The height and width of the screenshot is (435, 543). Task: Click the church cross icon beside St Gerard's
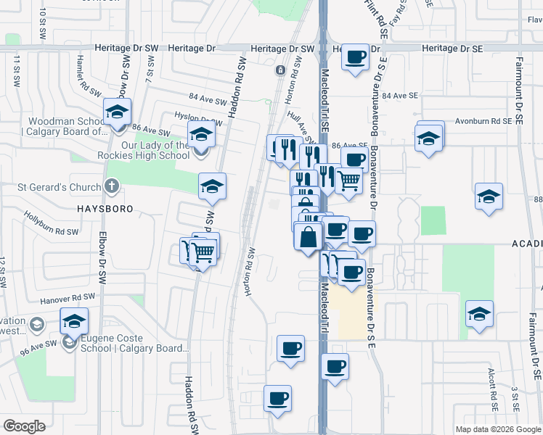[111, 186]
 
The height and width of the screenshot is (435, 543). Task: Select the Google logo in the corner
[24, 426]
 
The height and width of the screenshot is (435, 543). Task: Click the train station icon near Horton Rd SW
[280, 70]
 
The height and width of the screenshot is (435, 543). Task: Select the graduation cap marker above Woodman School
[116, 112]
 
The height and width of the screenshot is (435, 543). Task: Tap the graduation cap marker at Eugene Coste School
[74, 321]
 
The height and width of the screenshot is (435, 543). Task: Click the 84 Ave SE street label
[401, 96]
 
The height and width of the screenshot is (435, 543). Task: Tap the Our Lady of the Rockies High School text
[155, 150]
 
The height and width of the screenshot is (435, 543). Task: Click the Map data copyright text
[498, 429]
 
